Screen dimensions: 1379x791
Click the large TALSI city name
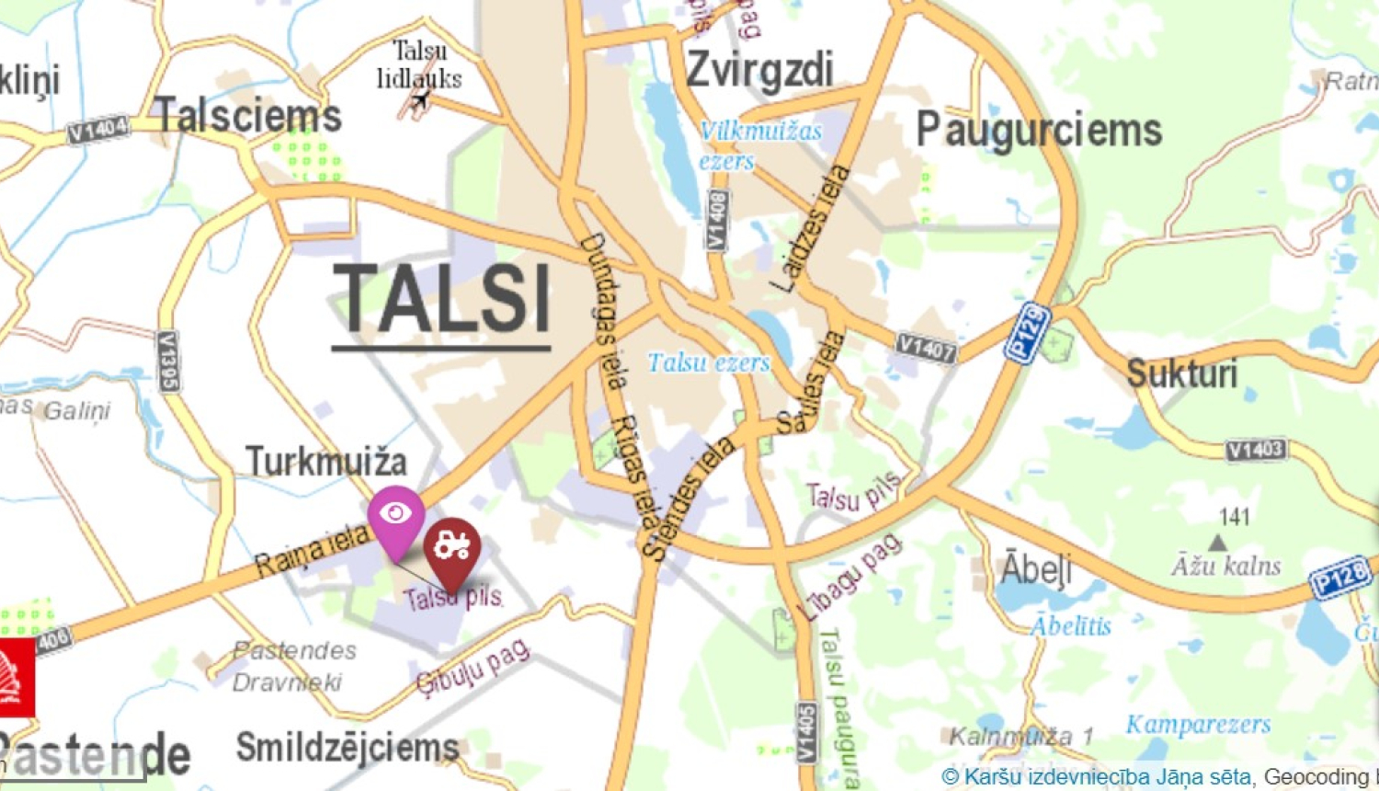tap(442, 300)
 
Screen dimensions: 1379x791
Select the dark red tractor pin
tap(452, 548)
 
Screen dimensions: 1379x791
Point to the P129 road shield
tap(1028, 333)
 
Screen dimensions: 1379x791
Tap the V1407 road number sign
tap(927, 348)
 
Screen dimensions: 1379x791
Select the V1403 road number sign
tap(1256, 450)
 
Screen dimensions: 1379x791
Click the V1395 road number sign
tap(168, 361)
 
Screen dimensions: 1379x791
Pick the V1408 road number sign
tap(717, 220)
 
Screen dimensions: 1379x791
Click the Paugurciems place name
tap(1039, 131)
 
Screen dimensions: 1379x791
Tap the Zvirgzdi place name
tap(760, 70)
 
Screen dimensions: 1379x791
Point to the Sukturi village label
tap(1182, 374)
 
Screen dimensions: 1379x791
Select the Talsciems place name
tap(247, 116)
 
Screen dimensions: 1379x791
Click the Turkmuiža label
tap(325, 461)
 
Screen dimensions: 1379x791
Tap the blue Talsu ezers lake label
tap(709, 363)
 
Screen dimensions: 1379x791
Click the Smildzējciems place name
tap(348, 747)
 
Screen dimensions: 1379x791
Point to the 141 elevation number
tap(1234, 517)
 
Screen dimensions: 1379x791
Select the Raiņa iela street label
tap(312, 550)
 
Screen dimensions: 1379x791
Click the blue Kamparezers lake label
tap(1199, 725)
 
